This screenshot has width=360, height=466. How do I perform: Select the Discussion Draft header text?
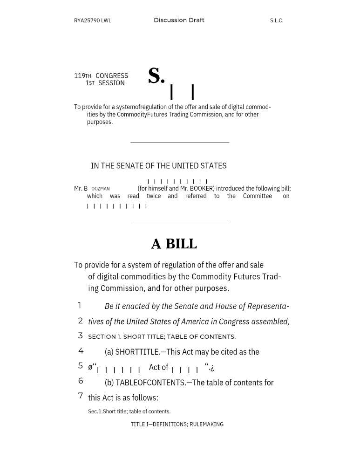point(179,20)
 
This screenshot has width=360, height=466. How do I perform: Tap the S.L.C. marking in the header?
point(277,21)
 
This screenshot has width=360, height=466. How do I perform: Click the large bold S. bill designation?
point(156,76)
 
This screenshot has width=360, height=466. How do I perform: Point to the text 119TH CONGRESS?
point(101,75)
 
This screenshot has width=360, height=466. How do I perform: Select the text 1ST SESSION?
point(105,83)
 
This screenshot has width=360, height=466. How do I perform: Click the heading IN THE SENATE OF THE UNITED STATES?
point(158,165)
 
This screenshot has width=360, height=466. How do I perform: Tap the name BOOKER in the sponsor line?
point(201,188)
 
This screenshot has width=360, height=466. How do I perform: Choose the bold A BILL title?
point(174,244)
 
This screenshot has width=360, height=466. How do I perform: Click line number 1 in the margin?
point(80,306)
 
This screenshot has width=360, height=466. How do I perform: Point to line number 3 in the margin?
point(81,336)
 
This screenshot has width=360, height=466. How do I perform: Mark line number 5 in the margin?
point(81,366)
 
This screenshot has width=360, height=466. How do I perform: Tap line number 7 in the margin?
point(81,396)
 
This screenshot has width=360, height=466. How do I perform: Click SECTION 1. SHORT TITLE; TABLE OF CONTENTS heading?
point(162,336)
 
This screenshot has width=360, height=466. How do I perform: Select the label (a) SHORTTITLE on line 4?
point(132,352)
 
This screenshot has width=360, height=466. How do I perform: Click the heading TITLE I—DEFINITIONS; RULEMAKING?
point(177,425)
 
